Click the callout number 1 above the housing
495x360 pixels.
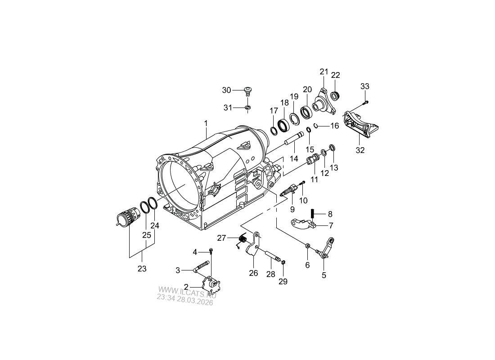click(x=206, y=123)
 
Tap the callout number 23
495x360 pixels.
click(x=142, y=269)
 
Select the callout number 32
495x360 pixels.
click(x=360, y=150)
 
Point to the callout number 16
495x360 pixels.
click(x=335, y=126)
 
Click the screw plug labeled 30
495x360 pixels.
click(x=248, y=91)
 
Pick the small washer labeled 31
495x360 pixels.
click(x=248, y=108)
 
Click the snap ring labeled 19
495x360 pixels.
click(x=295, y=119)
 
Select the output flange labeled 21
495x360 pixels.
click(x=324, y=102)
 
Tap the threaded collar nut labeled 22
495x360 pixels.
click(x=335, y=95)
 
